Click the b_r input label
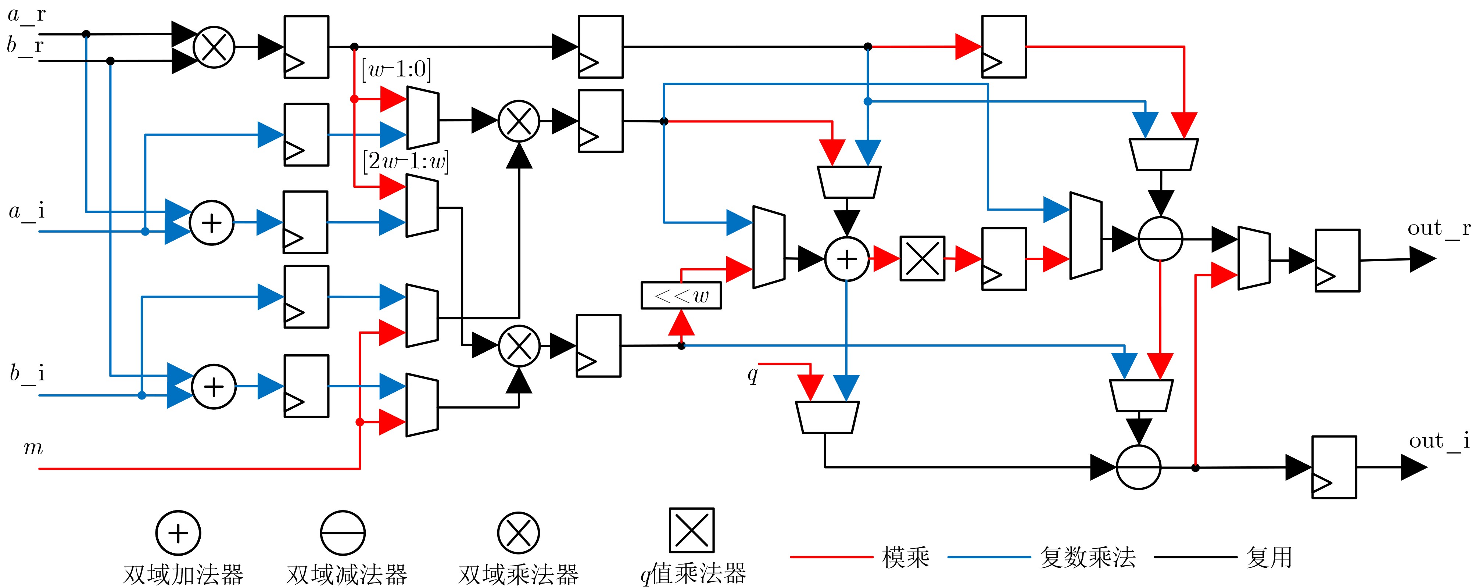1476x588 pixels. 25,45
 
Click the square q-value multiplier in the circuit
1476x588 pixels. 922,258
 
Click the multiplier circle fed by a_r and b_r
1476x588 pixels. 214,47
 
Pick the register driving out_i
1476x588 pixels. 1334,467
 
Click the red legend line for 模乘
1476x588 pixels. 831,556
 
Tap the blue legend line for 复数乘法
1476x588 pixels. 988,556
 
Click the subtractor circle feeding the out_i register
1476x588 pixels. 1139,467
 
